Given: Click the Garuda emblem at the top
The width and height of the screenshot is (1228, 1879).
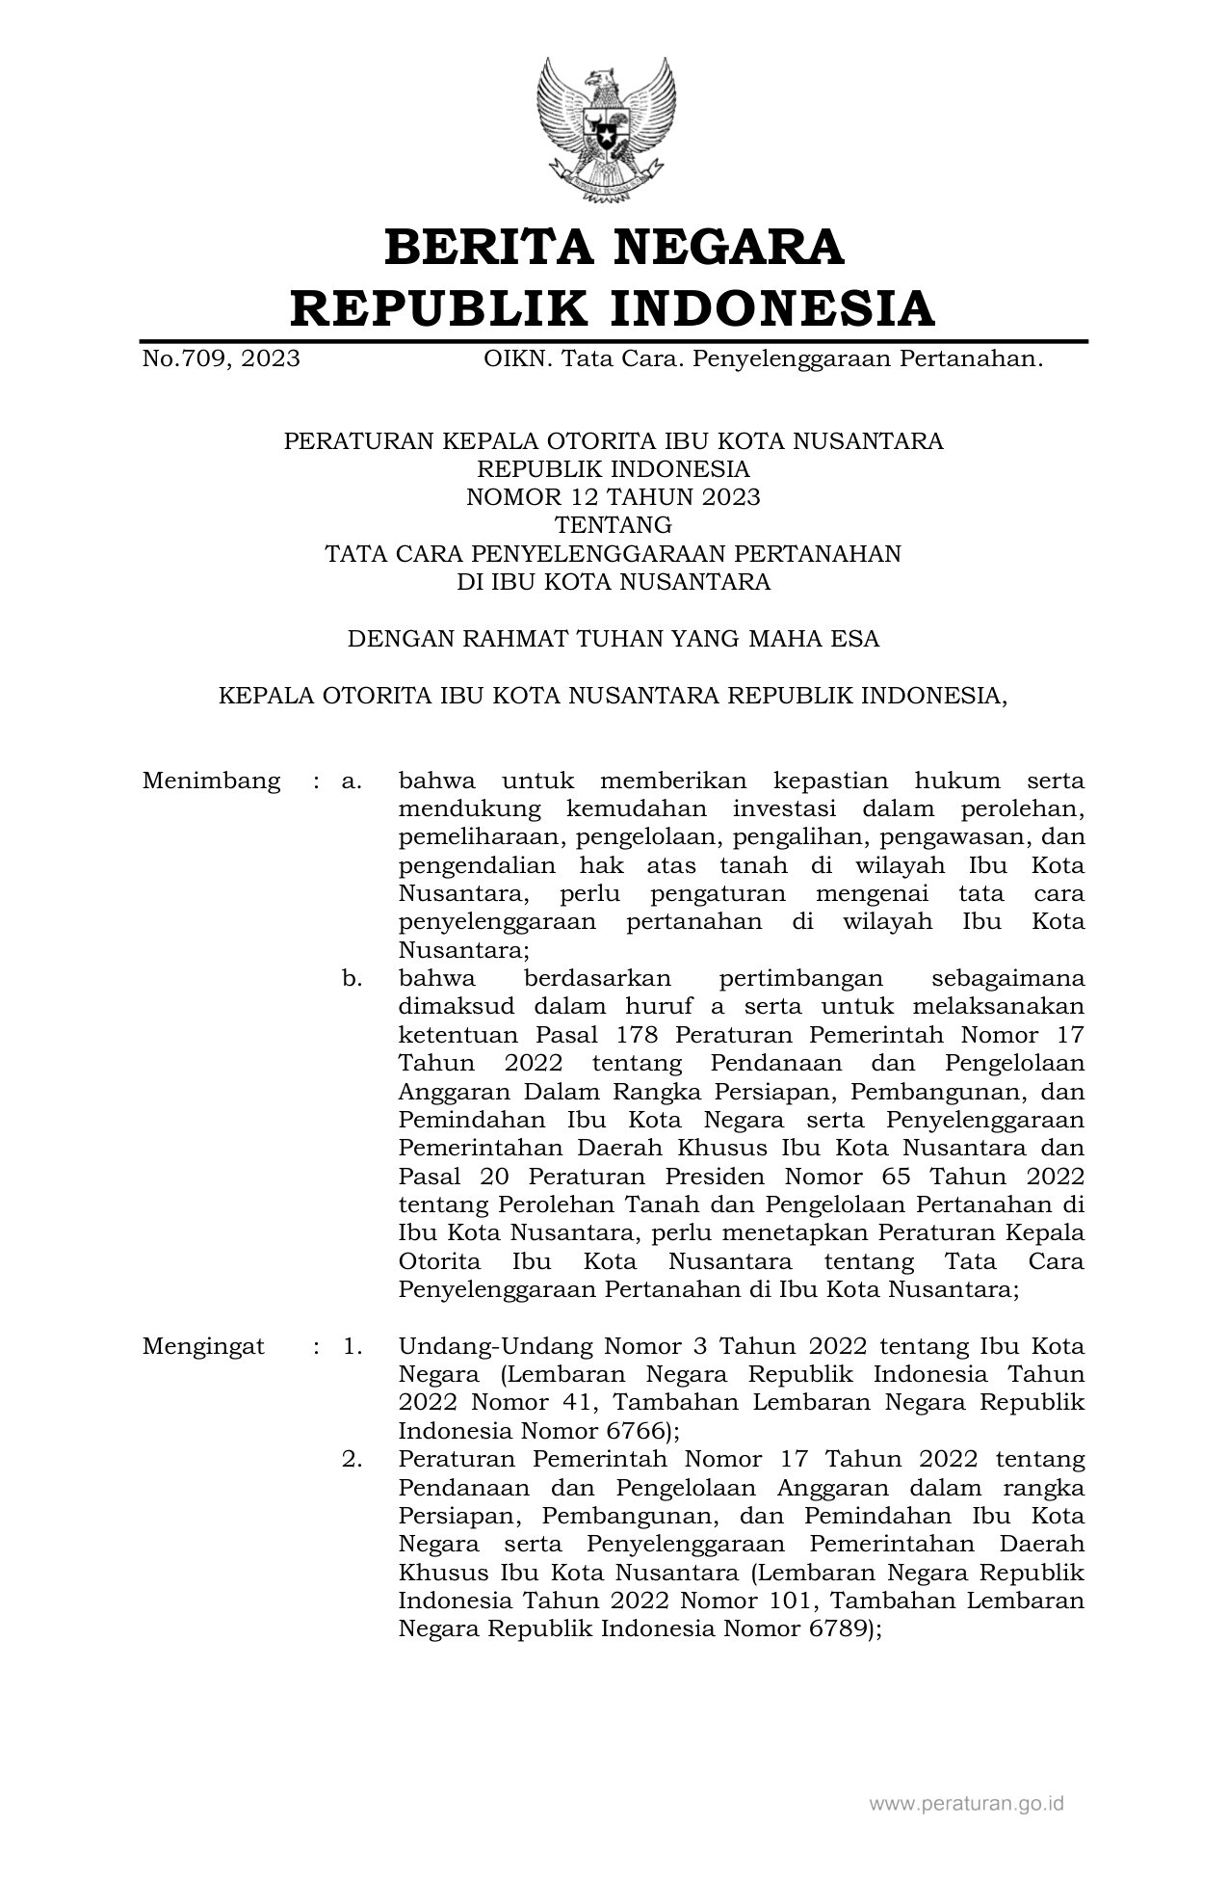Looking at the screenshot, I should click(x=607, y=129).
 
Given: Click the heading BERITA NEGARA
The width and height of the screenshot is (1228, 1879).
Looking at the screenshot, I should click(x=614, y=247).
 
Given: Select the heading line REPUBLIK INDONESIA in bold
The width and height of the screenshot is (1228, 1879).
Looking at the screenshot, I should click(x=614, y=308).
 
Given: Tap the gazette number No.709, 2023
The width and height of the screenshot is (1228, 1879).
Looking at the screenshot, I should click(x=221, y=359).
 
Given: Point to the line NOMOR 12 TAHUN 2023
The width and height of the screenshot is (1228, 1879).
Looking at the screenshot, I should click(x=614, y=497).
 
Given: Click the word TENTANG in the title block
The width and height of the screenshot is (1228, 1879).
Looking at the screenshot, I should click(x=614, y=525).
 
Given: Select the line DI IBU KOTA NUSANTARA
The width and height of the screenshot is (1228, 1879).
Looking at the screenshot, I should click(x=614, y=582).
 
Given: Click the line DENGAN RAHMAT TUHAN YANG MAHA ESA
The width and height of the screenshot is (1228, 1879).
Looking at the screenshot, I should click(x=614, y=639).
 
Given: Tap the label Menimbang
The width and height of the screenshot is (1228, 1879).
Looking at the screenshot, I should click(x=211, y=781).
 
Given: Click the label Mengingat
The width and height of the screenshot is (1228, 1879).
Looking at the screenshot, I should click(x=203, y=1346).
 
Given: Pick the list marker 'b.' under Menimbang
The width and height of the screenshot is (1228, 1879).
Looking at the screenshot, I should click(x=353, y=978).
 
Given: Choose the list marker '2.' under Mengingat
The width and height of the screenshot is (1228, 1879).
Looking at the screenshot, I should click(x=353, y=1459).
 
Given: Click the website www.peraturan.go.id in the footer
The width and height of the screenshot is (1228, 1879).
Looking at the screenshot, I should click(x=966, y=1803).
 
